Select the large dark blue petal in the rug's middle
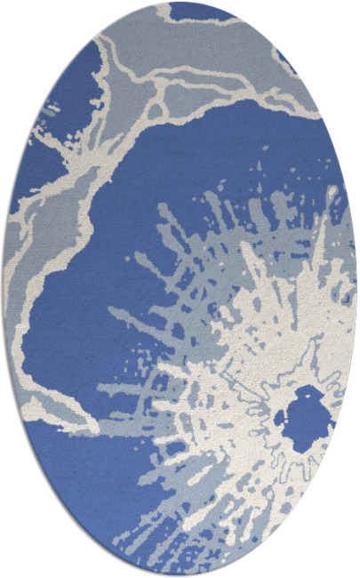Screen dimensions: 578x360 [x=133, y=222]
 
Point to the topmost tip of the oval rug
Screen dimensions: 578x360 [x=180, y=3]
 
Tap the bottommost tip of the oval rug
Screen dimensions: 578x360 [x=180, y=575]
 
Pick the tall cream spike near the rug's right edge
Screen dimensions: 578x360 [x=330, y=231]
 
